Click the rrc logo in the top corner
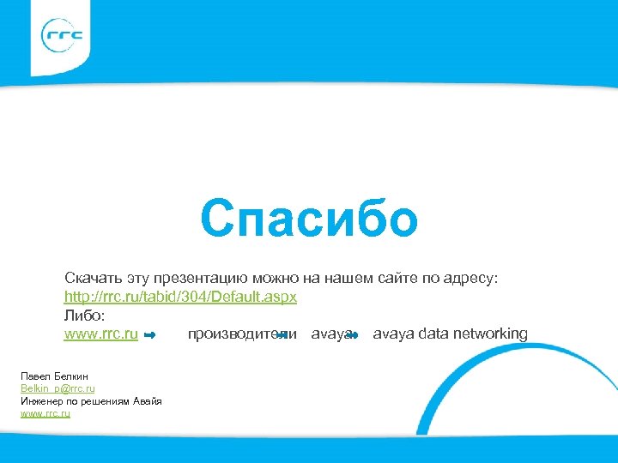63,35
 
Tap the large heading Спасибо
309,219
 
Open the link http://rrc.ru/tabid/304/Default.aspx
180,297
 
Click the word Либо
83,315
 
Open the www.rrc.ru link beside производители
101,334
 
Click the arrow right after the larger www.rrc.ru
150,334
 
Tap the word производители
242,334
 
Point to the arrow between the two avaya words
353,334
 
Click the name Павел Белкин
54,376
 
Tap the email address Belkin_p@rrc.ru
58,389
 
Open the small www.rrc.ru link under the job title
45,414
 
